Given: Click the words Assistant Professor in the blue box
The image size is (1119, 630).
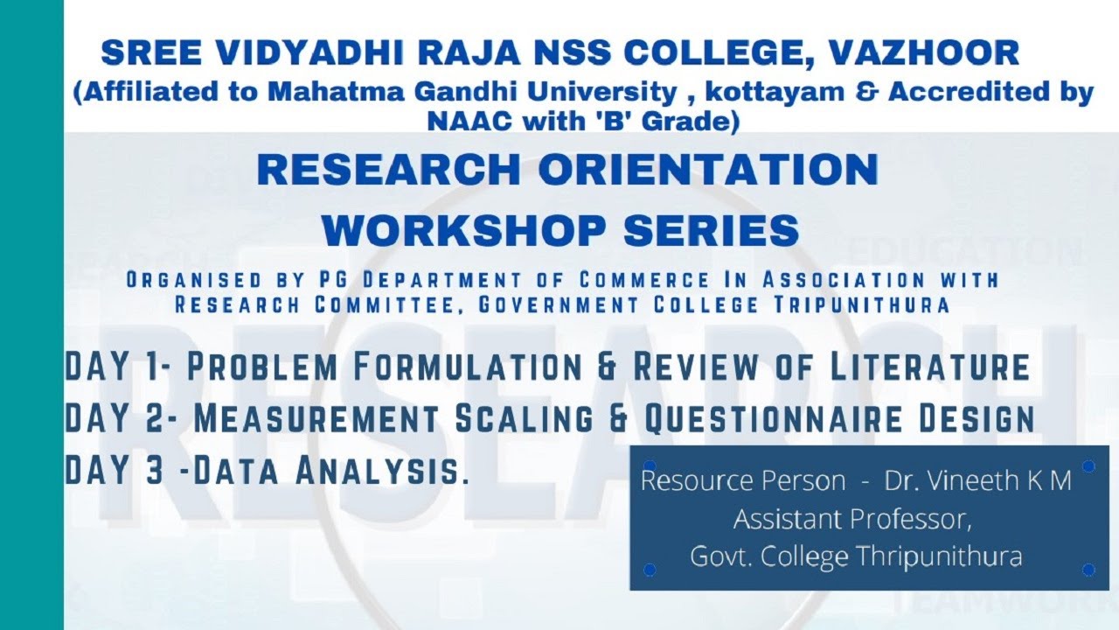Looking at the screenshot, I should pos(852,519).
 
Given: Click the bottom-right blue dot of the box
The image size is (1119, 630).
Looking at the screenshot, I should pos(1088,570).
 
